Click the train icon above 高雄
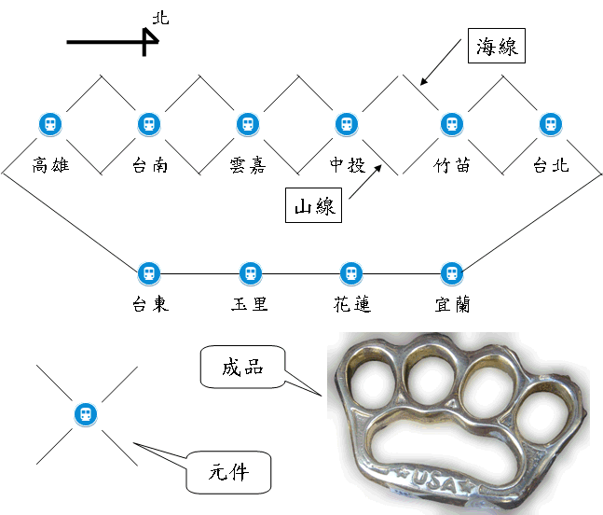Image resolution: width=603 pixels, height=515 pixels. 50,124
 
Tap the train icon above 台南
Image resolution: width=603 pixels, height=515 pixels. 149,124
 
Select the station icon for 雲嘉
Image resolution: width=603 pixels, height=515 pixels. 248,124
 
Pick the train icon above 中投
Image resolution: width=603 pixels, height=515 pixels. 347,124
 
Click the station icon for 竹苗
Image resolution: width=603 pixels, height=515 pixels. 452,124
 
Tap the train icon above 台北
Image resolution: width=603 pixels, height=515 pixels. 551,124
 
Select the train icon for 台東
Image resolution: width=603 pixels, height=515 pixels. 149,273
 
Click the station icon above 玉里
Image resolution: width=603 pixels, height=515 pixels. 251,273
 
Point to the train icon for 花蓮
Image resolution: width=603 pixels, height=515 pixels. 351,273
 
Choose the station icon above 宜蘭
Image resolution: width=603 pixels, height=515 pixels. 452,273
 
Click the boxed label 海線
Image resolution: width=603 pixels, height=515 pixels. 497,46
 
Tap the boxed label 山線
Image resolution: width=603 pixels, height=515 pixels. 313,205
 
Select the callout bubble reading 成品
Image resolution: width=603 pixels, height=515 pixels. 242,367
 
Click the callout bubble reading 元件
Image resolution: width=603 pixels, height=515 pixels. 229,472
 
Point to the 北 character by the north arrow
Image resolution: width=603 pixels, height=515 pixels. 160,18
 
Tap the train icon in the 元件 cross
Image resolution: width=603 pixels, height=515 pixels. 86,414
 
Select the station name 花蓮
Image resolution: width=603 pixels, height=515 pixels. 352,304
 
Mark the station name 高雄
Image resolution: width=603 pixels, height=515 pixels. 50,165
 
